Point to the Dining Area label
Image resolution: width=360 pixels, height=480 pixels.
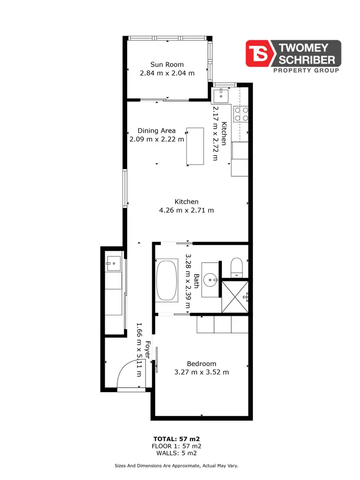(156, 131)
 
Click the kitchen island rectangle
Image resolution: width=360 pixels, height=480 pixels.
(195, 146)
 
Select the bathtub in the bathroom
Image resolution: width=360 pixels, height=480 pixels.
(167, 280)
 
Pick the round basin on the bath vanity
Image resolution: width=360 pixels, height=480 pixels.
(210, 278)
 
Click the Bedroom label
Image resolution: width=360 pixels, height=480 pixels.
(202, 363)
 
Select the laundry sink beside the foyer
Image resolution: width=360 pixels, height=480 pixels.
(114, 262)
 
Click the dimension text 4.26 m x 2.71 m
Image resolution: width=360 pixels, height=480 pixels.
(186, 210)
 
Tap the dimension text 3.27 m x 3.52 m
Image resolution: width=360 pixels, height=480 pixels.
(202, 372)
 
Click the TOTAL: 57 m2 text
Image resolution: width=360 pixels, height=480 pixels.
(176, 439)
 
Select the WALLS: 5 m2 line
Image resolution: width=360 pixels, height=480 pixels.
(176, 453)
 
